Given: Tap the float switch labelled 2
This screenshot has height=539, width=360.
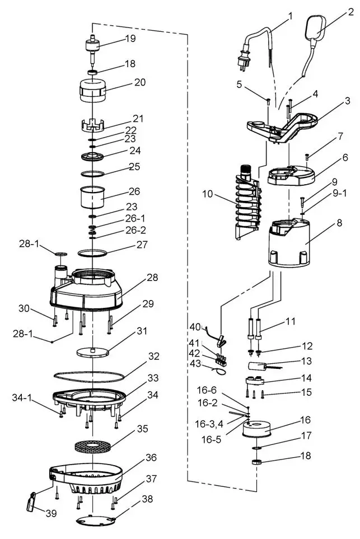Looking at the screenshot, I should [x=317, y=32].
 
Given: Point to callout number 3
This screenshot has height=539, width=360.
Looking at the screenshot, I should [x=348, y=101].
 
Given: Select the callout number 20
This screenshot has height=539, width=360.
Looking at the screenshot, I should [x=139, y=82].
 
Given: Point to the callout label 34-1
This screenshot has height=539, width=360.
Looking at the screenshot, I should [x=21, y=397].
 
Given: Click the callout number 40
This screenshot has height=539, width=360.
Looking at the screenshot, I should [x=194, y=327].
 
